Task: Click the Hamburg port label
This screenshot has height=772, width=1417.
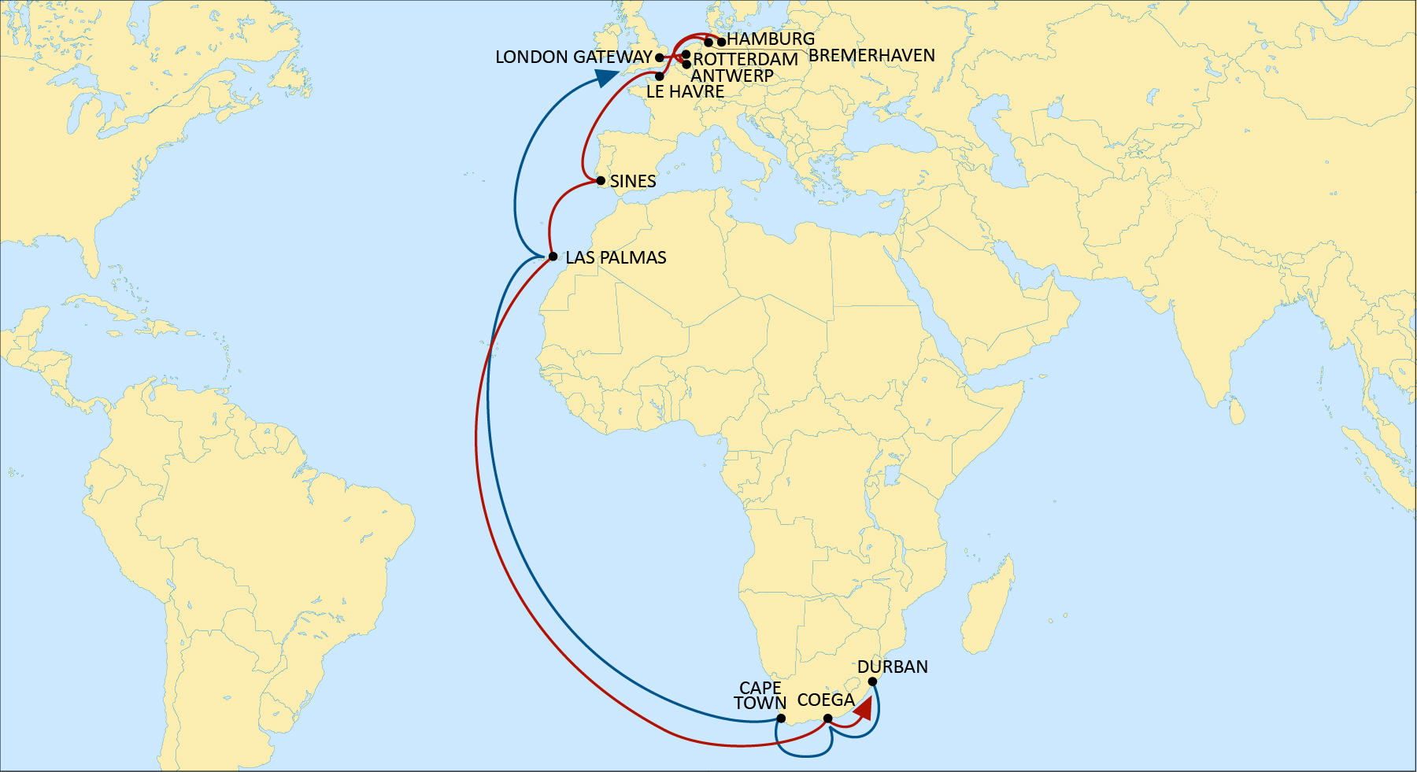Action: (771, 39)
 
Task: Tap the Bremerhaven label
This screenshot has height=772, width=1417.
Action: (871, 56)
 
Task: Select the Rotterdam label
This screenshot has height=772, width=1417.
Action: (745, 60)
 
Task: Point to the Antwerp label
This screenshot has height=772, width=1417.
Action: (732, 76)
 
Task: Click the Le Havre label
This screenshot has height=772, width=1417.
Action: (685, 92)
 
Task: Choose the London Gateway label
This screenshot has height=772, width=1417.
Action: (573, 57)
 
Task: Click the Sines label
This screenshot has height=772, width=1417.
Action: (633, 182)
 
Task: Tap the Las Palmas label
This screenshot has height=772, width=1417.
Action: (616, 258)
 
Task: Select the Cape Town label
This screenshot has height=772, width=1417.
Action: (760, 696)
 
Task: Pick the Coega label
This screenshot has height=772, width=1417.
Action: (826, 700)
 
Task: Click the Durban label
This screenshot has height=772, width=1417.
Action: (893, 667)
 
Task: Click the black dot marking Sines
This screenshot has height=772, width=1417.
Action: (601, 181)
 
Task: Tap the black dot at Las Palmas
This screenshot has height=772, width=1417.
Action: (553, 257)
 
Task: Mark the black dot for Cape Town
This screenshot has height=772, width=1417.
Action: (781, 718)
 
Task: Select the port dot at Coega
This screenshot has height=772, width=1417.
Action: (827, 718)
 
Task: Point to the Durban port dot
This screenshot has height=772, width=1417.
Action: (872, 682)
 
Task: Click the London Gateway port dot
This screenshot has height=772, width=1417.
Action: (659, 57)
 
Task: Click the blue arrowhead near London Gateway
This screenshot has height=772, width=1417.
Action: (605, 77)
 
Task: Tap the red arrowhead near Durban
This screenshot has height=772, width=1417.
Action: (864, 709)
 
